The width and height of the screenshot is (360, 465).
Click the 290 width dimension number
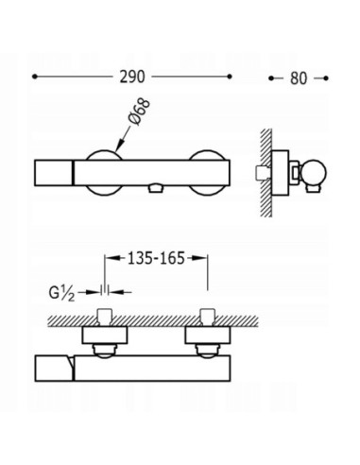[x=132, y=77]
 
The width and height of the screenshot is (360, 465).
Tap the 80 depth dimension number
[x=299, y=78]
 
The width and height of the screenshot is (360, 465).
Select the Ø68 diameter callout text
[x=139, y=112]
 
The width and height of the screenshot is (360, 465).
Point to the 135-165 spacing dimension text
[x=156, y=258]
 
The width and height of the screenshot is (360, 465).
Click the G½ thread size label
[x=62, y=294]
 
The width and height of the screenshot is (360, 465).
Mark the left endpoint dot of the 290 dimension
[x=35, y=77]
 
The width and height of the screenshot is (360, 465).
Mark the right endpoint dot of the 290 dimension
[x=230, y=77]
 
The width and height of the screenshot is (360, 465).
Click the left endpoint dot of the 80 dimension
[x=271, y=78]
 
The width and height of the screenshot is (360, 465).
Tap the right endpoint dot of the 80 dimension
[x=326, y=78]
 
